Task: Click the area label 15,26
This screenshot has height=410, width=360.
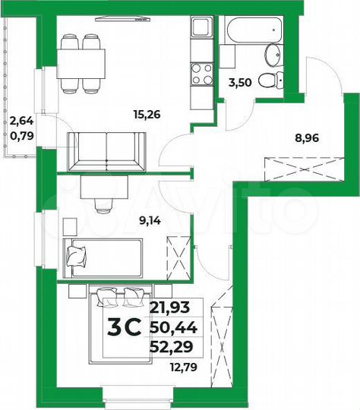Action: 145,116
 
